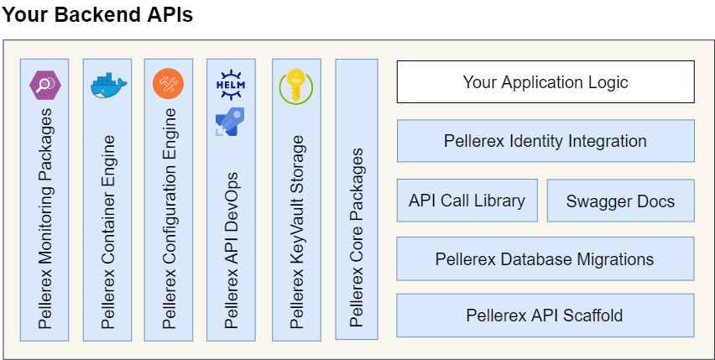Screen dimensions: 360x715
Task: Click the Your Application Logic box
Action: [545, 82]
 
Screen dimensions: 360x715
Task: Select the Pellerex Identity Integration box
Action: [545, 141]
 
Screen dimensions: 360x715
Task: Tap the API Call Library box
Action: [467, 201]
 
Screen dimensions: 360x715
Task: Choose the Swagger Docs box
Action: [620, 201]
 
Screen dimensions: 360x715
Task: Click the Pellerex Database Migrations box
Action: [545, 258]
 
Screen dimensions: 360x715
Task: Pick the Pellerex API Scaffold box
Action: [545, 316]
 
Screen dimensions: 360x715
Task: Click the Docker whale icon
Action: [107, 84]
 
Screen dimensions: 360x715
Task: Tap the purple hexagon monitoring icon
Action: [43, 84]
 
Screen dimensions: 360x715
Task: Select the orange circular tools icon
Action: [167, 84]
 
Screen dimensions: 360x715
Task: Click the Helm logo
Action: [231, 84]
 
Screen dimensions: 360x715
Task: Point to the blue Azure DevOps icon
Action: [229, 121]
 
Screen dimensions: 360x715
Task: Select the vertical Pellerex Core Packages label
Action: [357, 237]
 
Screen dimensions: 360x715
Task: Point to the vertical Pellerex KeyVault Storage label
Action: [295, 231]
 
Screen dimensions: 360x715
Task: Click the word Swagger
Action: [595, 201]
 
